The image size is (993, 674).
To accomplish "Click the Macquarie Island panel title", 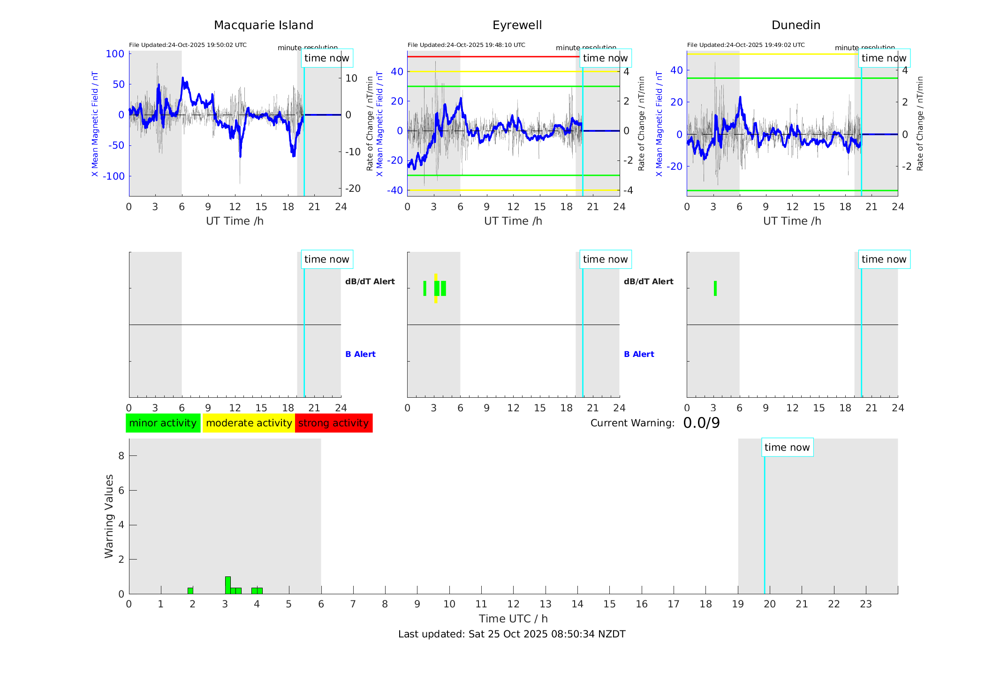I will click(x=263, y=25).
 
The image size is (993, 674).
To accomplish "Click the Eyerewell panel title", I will click(x=517, y=25).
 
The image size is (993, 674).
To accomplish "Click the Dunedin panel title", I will click(x=796, y=25).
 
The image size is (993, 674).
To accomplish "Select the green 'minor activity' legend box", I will click(x=163, y=423).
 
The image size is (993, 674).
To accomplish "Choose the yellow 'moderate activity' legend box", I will click(x=249, y=423).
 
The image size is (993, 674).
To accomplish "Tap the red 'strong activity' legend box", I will click(x=334, y=423).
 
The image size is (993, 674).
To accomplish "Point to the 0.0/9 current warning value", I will click(x=701, y=423).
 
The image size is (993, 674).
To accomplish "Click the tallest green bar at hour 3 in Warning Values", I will click(x=228, y=585).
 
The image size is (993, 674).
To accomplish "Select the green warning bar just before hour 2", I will click(x=190, y=591).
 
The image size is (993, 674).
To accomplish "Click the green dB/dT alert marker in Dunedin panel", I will click(x=715, y=288).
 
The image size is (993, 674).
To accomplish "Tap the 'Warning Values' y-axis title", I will click(x=109, y=516).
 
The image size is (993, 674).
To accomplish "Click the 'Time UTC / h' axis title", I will click(x=513, y=619).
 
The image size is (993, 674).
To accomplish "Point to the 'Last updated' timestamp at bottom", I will click(x=512, y=634).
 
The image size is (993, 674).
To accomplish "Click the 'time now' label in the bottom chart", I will click(x=787, y=447).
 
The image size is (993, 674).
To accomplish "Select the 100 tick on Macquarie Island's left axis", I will click(x=115, y=54).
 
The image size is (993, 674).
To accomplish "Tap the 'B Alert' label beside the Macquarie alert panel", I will click(x=360, y=354).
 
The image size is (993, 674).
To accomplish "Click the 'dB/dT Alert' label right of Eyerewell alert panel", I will click(x=648, y=281).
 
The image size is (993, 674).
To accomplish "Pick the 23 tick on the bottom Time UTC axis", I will click(x=865, y=604).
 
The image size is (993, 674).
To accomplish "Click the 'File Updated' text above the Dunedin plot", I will click(x=746, y=45).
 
